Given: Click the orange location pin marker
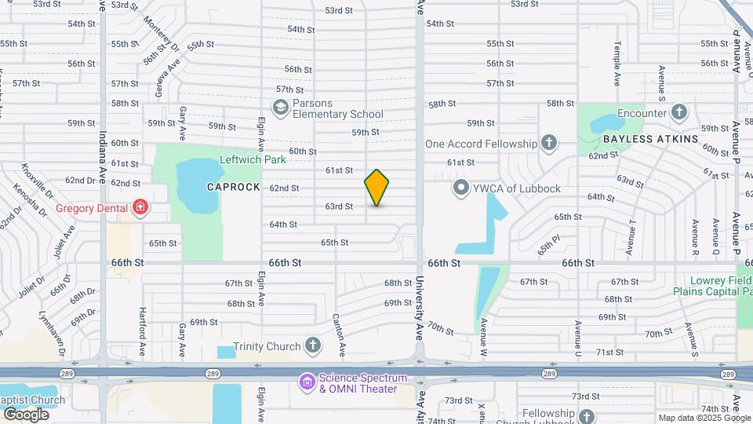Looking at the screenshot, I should [376, 188].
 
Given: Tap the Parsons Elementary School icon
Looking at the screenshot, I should [280, 107].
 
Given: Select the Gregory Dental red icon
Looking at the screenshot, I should [140, 208].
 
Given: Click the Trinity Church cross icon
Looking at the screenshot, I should [313, 346].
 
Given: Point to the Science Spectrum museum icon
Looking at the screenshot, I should [307, 382].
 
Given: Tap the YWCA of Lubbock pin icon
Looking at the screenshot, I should [461, 188].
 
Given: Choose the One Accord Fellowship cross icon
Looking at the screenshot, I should [549, 143].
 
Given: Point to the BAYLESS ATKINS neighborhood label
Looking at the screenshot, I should [650, 139].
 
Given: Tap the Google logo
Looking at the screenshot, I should [26, 414].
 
